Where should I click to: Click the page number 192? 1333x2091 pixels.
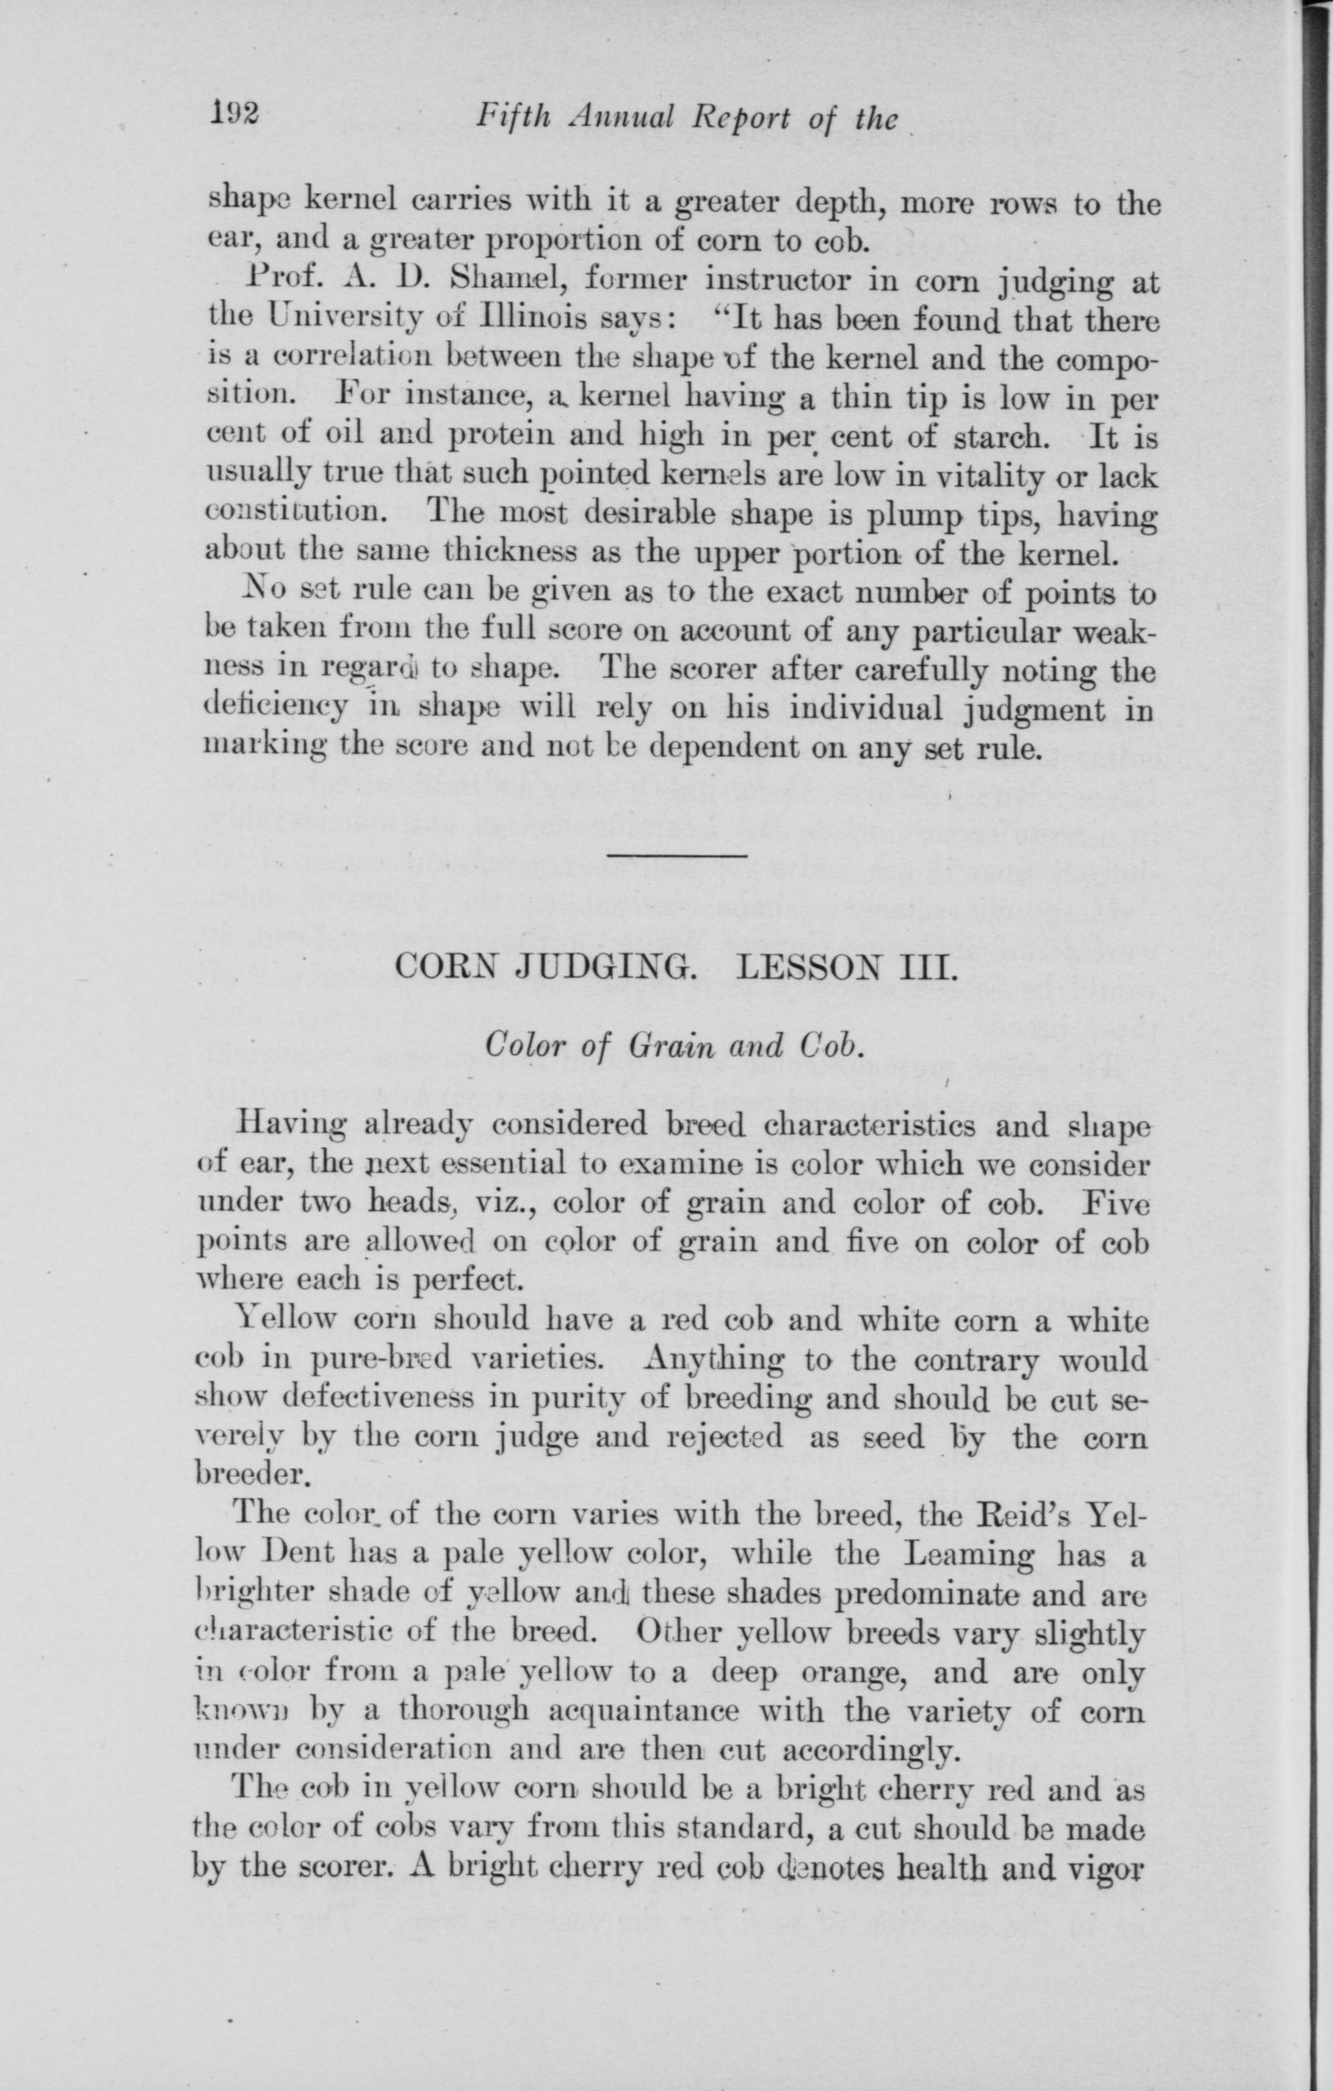click(x=229, y=115)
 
